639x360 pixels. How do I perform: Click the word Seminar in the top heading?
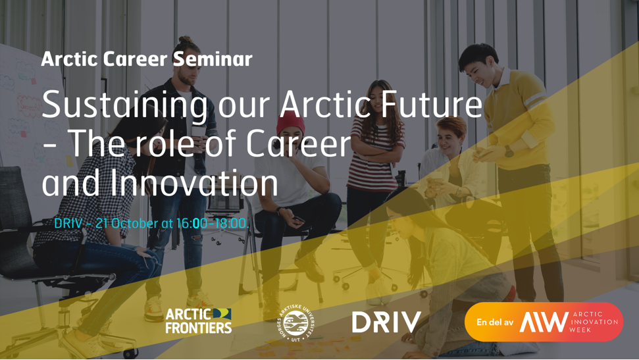212,59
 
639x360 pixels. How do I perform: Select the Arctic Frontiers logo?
198,321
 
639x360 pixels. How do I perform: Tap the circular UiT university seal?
295,322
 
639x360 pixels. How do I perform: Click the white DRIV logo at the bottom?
386,322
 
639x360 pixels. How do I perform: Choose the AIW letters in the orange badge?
544,322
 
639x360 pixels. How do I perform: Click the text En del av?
495,322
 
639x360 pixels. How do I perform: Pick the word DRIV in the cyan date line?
68,224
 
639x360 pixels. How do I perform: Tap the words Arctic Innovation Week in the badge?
594,322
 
